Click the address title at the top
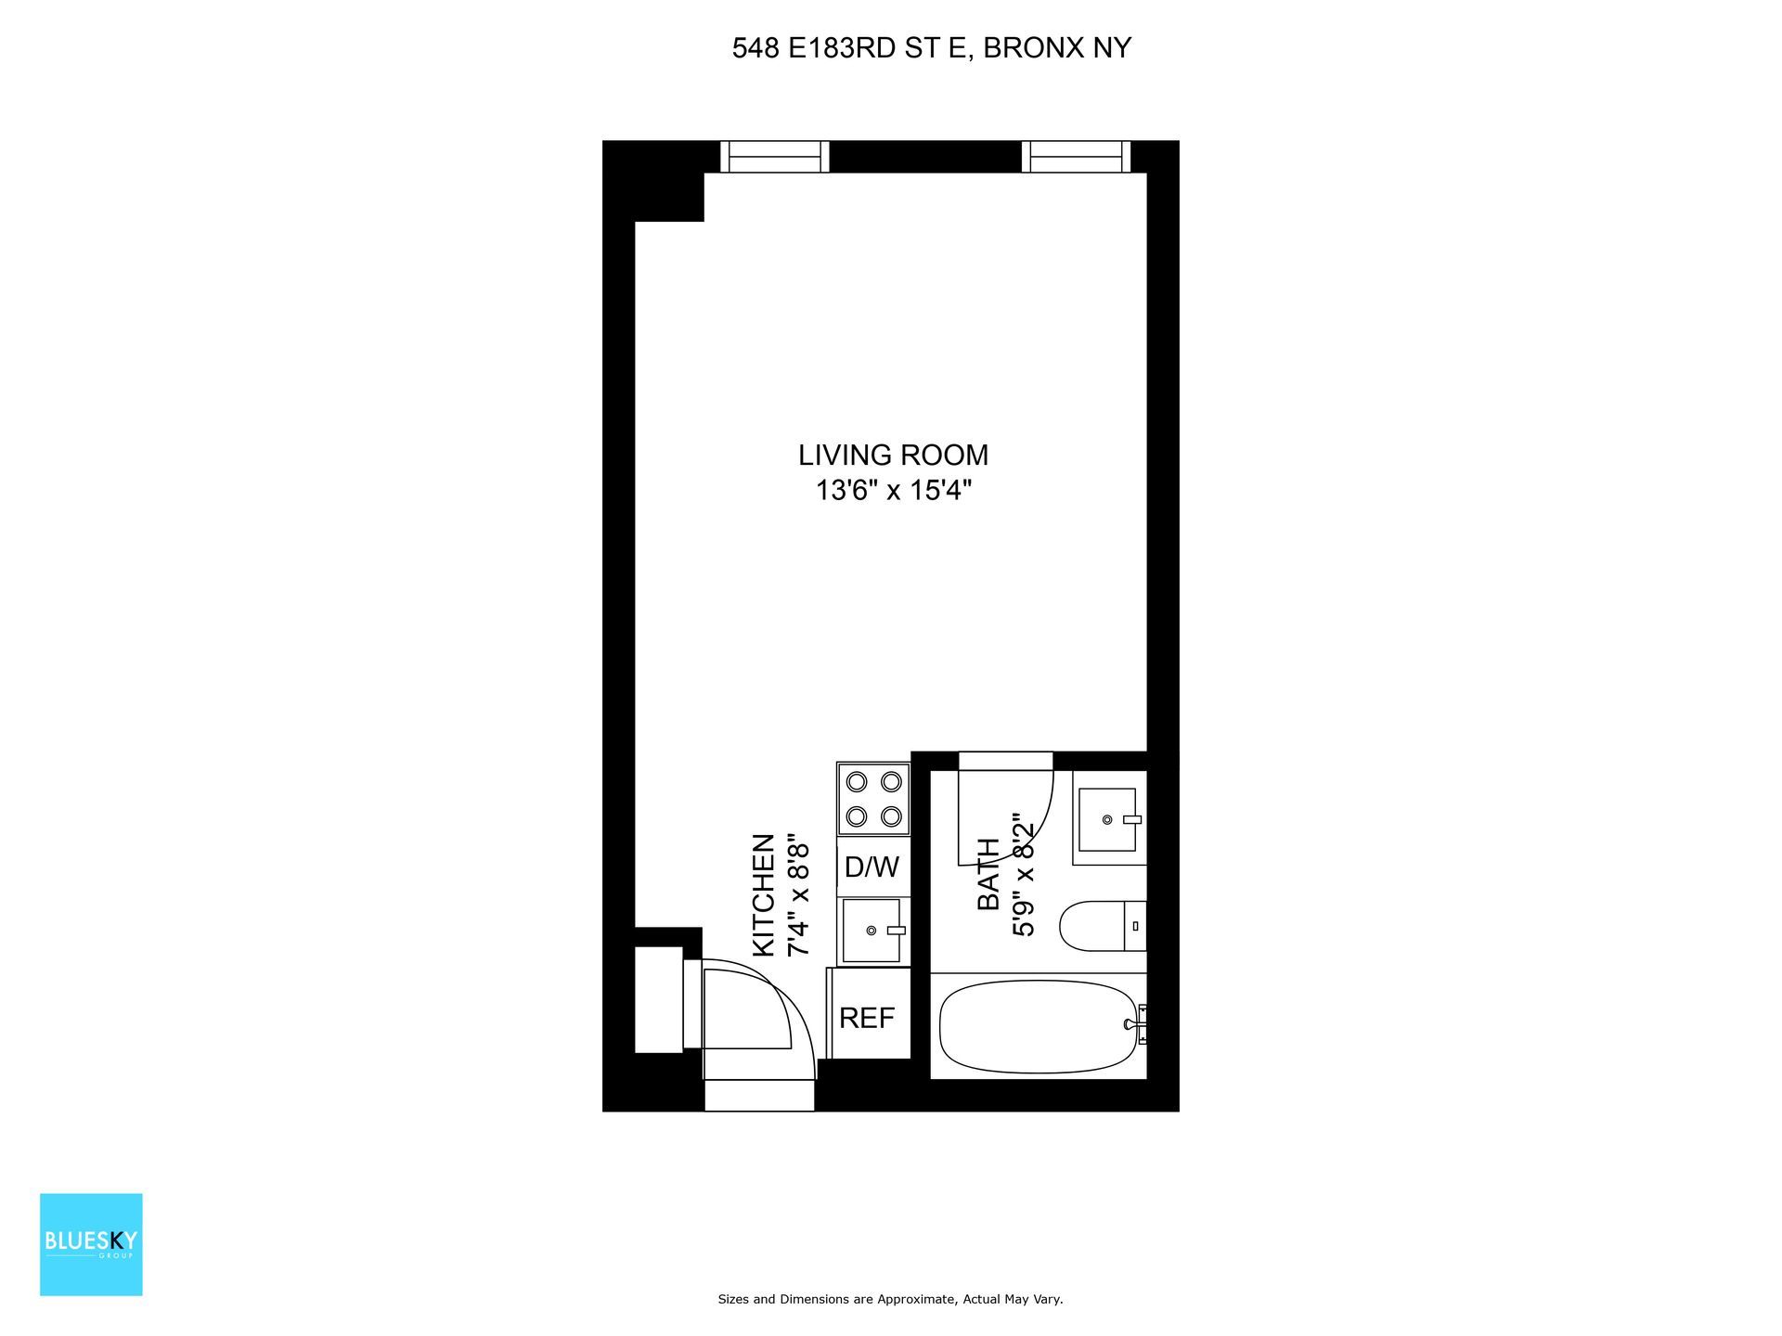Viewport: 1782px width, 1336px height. tap(931, 48)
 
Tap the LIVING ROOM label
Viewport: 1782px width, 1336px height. tap(893, 456)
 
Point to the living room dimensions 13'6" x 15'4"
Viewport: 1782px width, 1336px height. tap(893, 490)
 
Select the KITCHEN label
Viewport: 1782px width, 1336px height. tap(763, 894)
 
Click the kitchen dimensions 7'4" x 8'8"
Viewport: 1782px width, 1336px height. tap(798, 899)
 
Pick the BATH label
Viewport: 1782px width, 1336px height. tap(989, 873)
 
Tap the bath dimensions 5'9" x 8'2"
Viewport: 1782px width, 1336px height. tap(1023, 877)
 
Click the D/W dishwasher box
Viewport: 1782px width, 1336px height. tap(872, 867)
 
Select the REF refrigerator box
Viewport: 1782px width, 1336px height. tap(867, 1018)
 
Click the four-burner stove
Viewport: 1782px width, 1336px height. tap(873, 799)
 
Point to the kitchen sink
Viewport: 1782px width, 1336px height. tap(872, 930)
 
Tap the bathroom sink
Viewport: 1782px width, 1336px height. tap(1109, 819)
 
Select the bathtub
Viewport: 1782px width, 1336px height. tap(1038, 1026)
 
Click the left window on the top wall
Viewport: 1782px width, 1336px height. tap(775, 157)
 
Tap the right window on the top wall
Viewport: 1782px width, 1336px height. tap(1077, 157)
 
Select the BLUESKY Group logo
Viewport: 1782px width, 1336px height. tap(91, 1243)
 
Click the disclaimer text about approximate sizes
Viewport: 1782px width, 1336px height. tap(890, 1300)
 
